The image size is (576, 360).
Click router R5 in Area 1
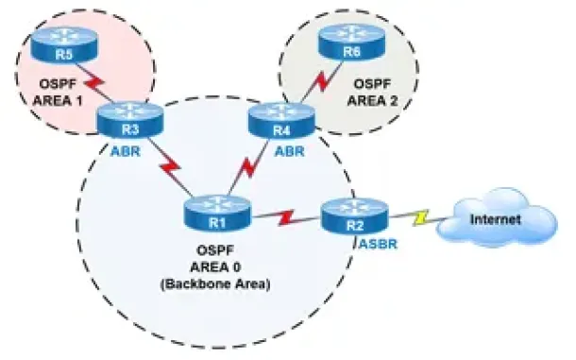click(x=64, y=44)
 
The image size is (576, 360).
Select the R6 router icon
click(x=351, y=43)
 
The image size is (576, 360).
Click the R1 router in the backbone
click(x=217, y=214)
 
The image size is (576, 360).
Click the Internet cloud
click(x=497, y=217)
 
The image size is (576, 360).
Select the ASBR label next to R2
click(x=379, y=244)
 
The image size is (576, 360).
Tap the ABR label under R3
click(x=126, y=151)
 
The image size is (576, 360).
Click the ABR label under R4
click(x=290, y=151)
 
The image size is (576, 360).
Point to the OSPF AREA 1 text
click(x=58, y=93)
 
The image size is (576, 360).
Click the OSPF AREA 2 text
click(x=372, y=93)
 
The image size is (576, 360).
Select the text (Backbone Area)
click(x=215, y=284)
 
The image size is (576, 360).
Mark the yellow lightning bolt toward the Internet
click(x=420, y=217)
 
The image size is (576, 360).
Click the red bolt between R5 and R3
click(x=94, y=86)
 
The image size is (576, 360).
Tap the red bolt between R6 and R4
click(x=322, y=81)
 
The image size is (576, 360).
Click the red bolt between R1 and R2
click(x=286, y=217)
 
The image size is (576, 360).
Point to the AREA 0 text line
click(x=215, y=267)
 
